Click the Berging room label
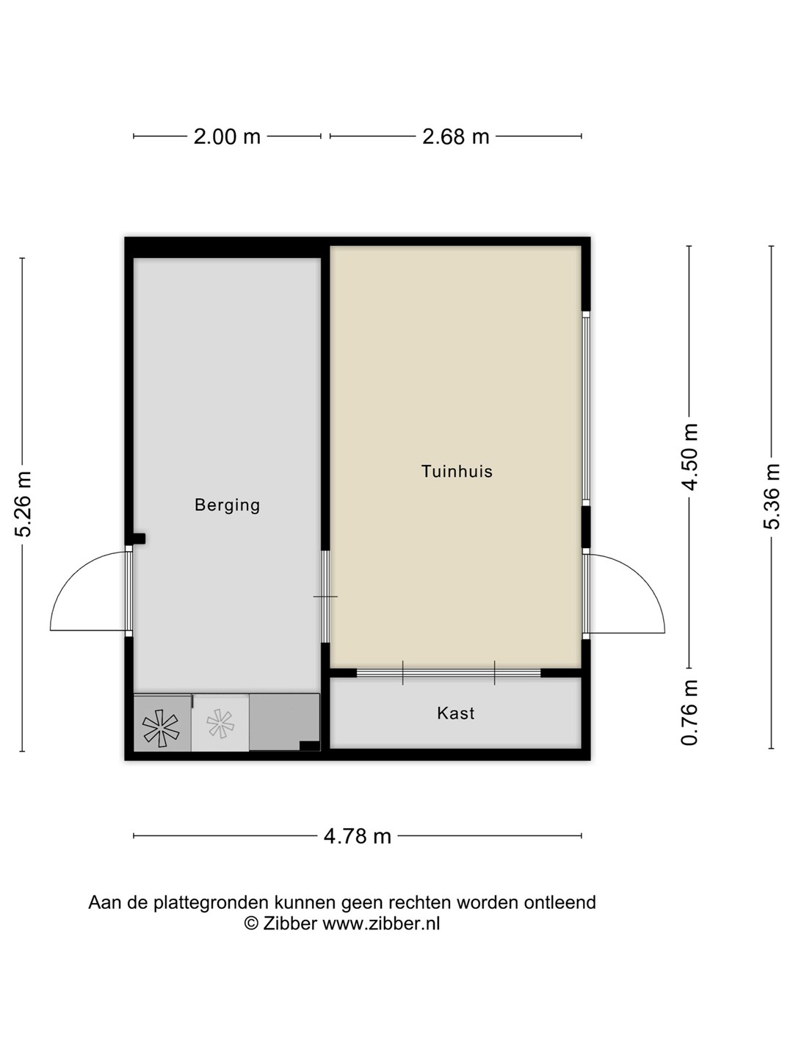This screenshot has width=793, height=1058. point(228,505)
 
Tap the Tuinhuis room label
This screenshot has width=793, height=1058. point(457,472)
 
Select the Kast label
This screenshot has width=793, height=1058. point(455,713)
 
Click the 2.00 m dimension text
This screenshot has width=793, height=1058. point(227,137)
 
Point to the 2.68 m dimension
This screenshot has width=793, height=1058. point(455,137)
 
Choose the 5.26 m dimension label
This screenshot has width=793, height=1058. point(23,504)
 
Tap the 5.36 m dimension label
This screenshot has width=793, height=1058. point(771,497)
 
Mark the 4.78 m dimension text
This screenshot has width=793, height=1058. point(358,836)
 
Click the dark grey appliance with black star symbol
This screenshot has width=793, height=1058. point(162,723)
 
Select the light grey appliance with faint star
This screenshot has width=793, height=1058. point(220,723)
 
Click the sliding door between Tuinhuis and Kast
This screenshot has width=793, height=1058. point(449,673)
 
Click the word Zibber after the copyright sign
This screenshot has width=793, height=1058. point(290,924)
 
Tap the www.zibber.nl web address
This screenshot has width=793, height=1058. point(381,924)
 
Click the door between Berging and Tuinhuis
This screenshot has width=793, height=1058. point(325,597)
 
